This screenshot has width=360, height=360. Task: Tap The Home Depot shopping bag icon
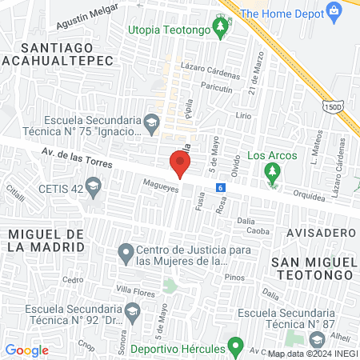coord(334,11)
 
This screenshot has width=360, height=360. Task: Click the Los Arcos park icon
coord(272,171)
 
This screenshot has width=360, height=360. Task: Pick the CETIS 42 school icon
coord(94,188)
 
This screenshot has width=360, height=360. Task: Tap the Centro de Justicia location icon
coord(126,254)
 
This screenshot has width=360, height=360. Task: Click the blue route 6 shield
coord(220,188)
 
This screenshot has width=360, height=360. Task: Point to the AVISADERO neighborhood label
coord(318,232)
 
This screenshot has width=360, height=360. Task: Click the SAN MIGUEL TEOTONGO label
coord(312,269)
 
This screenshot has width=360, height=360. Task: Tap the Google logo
coord(27,350)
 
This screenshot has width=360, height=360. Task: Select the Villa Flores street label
coord(134,290)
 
